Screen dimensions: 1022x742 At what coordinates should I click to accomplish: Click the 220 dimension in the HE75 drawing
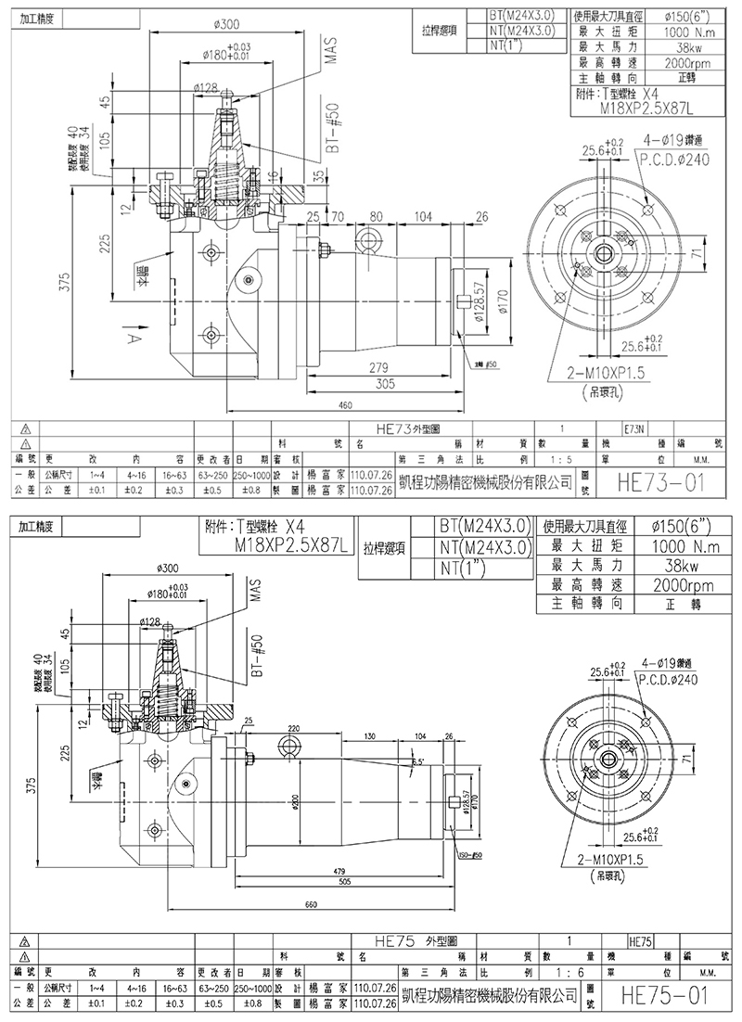[294, 729]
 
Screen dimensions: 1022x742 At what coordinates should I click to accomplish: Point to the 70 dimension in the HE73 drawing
[338, 217]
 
